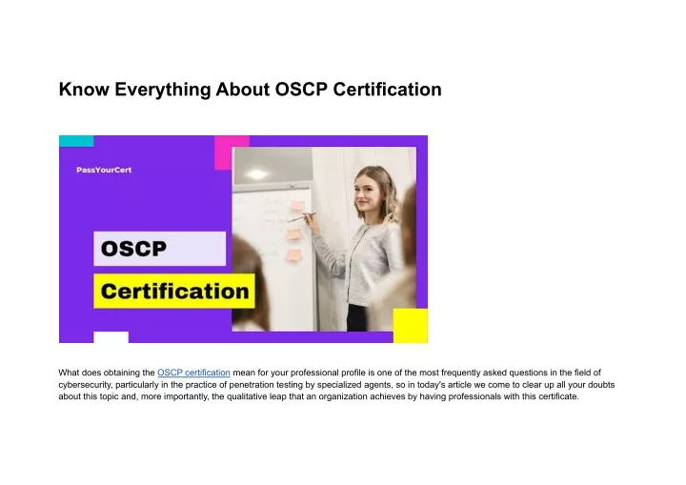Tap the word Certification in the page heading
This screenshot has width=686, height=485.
click(387, 91)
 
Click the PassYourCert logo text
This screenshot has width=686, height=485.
click(104, 170)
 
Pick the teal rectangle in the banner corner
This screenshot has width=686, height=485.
click(76, 140)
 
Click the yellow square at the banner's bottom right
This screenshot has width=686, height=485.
click(411, 325)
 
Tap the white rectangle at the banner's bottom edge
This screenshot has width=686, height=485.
click(111, 337)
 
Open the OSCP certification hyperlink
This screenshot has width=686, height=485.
click(193, 372)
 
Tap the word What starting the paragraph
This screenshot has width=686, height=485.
click(70, 372)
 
